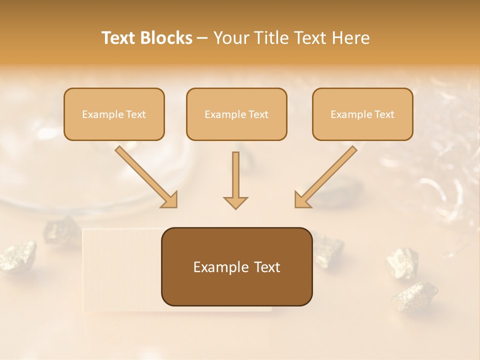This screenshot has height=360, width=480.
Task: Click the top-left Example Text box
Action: click(114, 114)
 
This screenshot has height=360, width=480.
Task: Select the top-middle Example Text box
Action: click(236, 114)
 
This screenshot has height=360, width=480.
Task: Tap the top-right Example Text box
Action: click(362, 114)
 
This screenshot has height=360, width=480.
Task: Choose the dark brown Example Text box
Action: click(236, 266)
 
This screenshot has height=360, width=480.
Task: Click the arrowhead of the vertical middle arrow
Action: click(235, 202)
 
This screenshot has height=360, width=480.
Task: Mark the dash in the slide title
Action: click(202, 38)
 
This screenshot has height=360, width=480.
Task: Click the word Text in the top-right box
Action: click(384, 114)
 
